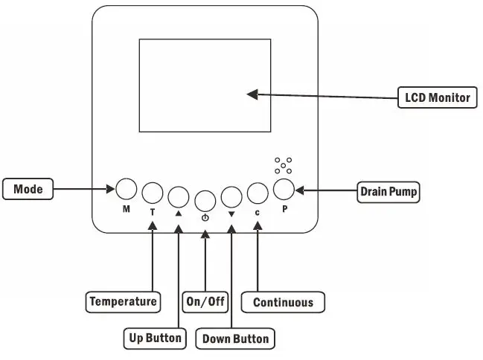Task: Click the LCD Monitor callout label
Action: click(437, 97)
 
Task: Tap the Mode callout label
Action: click(28, 190)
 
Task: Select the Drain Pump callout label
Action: click(388, 191)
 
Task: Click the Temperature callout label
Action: click(123, 301)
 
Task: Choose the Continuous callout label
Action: click(283, 302)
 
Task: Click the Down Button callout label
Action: click(236, 339)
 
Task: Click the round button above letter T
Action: click(153, 193)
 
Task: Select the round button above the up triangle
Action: click(179, 196)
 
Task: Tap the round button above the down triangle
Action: click(231, 196)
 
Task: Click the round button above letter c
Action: click(257, 193)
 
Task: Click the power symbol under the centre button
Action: click(205, 217)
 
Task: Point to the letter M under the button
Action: click(127, 209)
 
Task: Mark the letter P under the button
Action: click(284, 209)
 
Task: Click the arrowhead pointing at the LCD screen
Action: click(253, 94)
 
